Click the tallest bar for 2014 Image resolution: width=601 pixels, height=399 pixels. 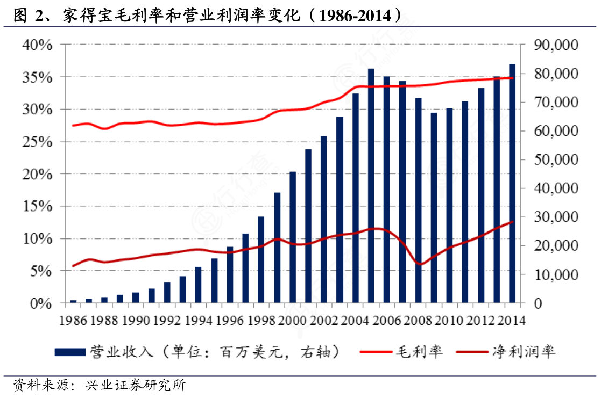pos(512,184)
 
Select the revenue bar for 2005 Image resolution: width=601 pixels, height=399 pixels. pos(371,186)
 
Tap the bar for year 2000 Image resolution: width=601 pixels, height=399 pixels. pos(293,237)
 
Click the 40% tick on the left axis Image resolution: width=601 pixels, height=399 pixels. pos(37,45)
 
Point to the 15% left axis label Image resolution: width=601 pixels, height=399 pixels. pos(37,207)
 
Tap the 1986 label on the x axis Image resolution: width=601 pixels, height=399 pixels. pos(74,321)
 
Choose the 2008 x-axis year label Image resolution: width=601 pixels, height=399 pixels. pos(419,321)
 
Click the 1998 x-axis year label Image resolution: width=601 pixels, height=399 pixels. pos(261,321)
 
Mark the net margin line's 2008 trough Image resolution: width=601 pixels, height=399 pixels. pos(420,264)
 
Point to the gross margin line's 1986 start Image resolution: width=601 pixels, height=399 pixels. pos(73,125)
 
